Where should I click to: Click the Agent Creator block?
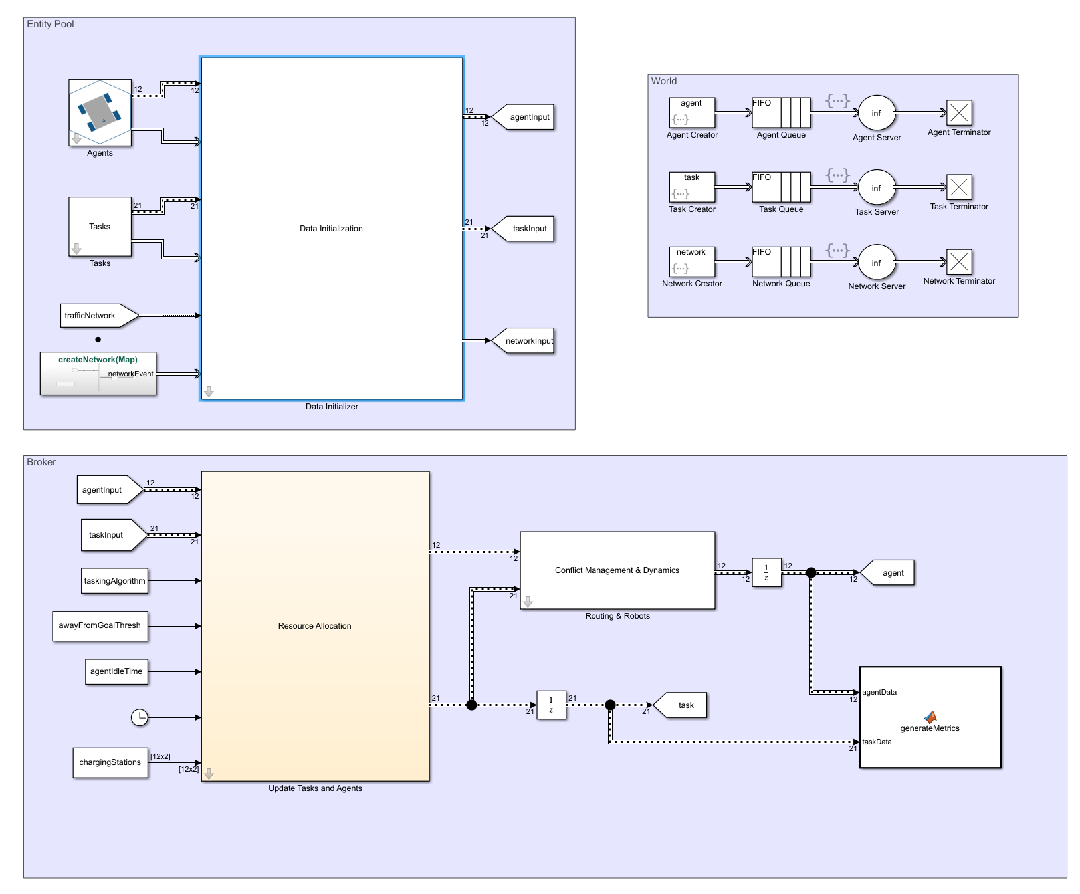pyautogui.click(x=692, y=112)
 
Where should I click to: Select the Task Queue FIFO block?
pyautogui.click(x=781, y=187)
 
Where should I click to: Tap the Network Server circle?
pyautogui.click(x=877, y=263)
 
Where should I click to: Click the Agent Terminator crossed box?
pyautogui.click(x=959, y=112)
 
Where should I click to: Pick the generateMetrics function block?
pyautogui.click(x=930, y=718)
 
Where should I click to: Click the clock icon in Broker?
pyautogui.click(x=139, y=717)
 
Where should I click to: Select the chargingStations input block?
pyautogui.click(x=110, y=762)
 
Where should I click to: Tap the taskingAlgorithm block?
pyautogui.click(x=114, y=581)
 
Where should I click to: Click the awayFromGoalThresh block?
pyautogui.click(x=100, y=626)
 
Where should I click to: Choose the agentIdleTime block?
pyautogui.click(x=116, y=671)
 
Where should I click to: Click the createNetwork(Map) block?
pyautogui.click(x=98, y=374)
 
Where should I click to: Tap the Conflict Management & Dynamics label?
pyautogui.click(x=617, y=570)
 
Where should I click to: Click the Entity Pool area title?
pyautogui.click(x=51, y=24)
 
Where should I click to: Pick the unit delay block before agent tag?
pyautogui.click(x=766, y=572)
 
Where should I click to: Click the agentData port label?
pyautogui.click(x=879, y=693)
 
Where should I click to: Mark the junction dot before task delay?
pyautogui.click(x=471, y=705)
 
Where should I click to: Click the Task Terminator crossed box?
pyautogui.click(x=959, y=187)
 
